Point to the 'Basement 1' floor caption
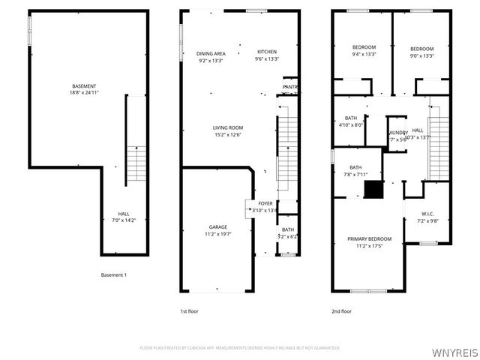[x=114, y=275]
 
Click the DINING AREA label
[x=211, y=53]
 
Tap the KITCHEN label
[x=267, y=51]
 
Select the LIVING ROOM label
[x=227, y=127]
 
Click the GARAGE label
[x=218, y=227]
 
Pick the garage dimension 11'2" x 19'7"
[x=218, y=234]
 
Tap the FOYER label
[x=265, y=203]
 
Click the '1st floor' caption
[x=188, y=310]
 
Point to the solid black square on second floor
[x=373, y=190]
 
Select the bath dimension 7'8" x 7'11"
[x=355, y=175]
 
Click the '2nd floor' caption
[x=341, y=310]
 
